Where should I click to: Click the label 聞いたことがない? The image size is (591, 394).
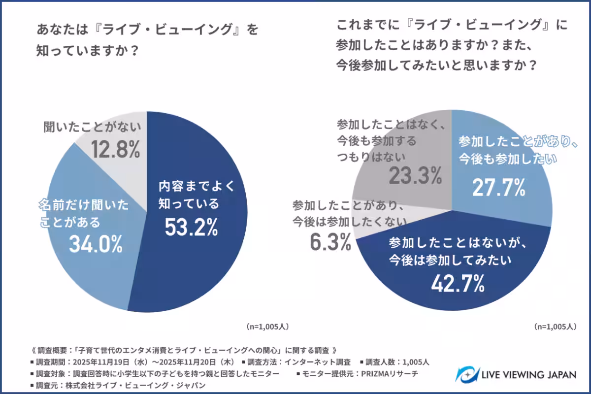coord(92,127)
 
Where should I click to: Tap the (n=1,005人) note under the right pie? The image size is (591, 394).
coord(555,327)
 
